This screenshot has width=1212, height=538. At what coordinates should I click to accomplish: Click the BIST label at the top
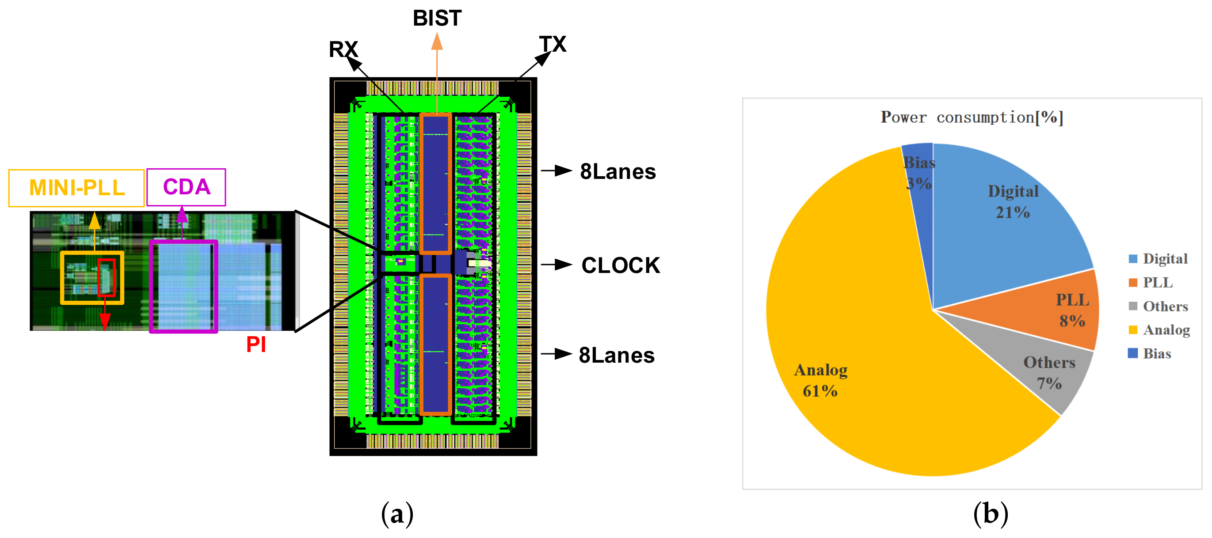437,19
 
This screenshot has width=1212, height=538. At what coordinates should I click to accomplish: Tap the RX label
343,49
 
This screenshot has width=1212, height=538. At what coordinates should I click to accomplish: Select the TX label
553,44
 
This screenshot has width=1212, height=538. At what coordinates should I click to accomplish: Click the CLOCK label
620,265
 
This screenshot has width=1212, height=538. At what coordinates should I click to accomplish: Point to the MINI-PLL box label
77,188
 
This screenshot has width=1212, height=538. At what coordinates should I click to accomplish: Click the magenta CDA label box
187,187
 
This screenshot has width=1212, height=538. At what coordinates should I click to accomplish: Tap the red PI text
256,344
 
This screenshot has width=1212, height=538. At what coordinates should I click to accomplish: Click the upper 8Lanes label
617,171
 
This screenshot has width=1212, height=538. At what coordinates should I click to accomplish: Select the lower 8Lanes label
616,355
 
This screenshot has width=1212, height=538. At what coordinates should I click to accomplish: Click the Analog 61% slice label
820,380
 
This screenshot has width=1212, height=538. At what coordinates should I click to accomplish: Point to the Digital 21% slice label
1013,201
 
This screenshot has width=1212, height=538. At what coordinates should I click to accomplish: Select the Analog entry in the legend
1166,330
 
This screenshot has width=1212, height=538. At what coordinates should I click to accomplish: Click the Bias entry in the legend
1156,353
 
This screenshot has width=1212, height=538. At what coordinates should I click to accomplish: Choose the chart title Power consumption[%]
972,117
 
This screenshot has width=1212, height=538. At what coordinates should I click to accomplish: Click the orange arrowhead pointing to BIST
437,41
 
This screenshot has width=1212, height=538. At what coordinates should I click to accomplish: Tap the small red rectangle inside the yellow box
107,277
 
